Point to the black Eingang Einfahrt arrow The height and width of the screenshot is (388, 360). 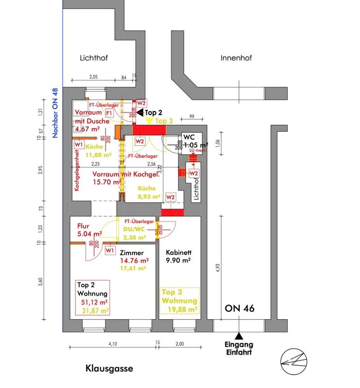pos(238,336)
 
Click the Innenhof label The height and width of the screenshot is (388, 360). pos(236,58)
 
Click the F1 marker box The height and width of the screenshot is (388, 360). pos(109,113)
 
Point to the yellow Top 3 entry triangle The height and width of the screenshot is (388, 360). pos(149,120)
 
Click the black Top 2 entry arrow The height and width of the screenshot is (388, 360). pos(138,112)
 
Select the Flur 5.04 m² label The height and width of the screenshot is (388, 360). pos(89,229)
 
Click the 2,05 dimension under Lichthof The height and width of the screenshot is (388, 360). pos(94,77)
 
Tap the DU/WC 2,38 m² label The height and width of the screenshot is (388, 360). pos(135,234)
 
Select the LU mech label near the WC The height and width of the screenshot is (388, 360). pos(194,151)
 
